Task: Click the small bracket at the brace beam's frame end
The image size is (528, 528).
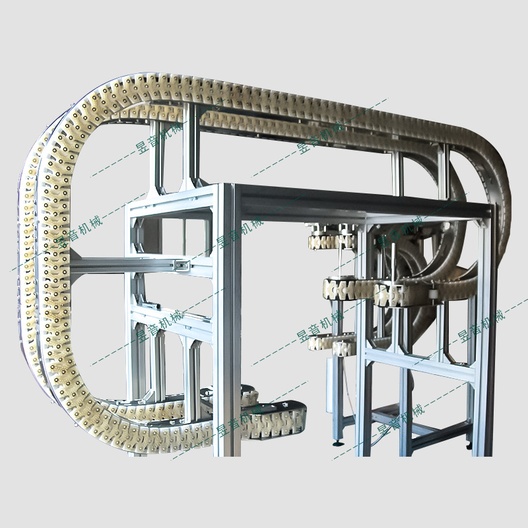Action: (181, 266)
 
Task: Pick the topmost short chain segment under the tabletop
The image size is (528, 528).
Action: (331, 241)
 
